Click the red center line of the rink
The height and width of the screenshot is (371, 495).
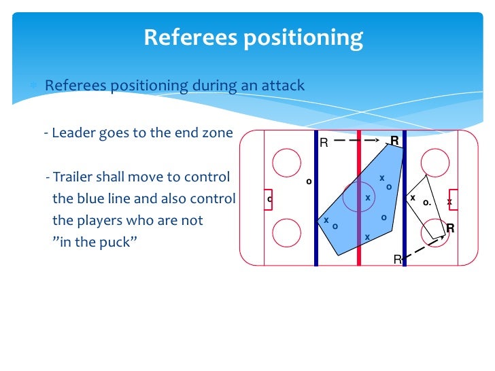pos(358,197)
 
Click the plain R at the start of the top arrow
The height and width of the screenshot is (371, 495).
pos(324,143)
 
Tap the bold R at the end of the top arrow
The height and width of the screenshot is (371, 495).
pos(394,141)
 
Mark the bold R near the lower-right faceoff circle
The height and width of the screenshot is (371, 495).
pos(449,229)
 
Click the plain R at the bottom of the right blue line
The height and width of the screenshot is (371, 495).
pos(397,260)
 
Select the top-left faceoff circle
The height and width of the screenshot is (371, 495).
pos(286,162)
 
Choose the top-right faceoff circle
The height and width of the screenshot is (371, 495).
pos(434,162)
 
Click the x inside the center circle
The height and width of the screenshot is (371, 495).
pos(368,198)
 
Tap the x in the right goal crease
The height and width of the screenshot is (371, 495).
pos(449,202)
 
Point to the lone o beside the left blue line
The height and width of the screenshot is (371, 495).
pos(308,181)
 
